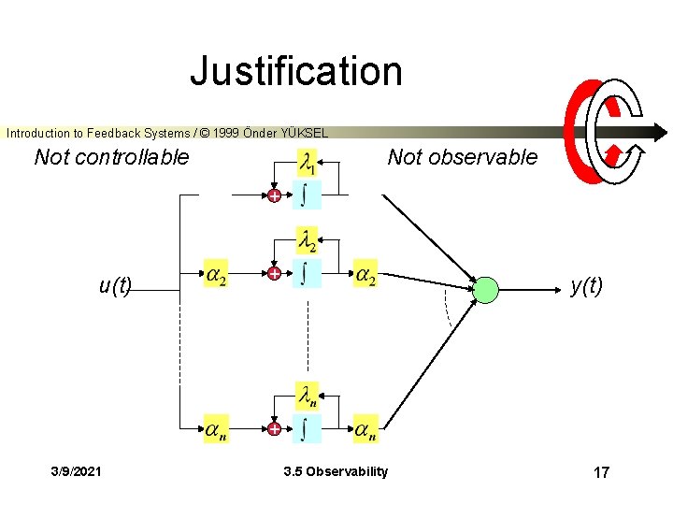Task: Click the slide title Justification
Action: tap(296, 71)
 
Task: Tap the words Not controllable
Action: tap(111, 157)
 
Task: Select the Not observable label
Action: tap(463, 157)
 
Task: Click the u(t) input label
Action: tap(116, 286)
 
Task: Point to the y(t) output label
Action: tap(586, 286)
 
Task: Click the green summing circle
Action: tap(486, 291)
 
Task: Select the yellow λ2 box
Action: tap(307, 241)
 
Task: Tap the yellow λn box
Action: tap(307, 397)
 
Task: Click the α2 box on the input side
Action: tap(216, 274)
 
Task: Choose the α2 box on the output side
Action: tap(365, 274)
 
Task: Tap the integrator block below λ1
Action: tap(307, 195)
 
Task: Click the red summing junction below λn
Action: tap(274, 429)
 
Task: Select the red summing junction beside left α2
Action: tap(274, 274)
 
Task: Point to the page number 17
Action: tap(601, 472)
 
